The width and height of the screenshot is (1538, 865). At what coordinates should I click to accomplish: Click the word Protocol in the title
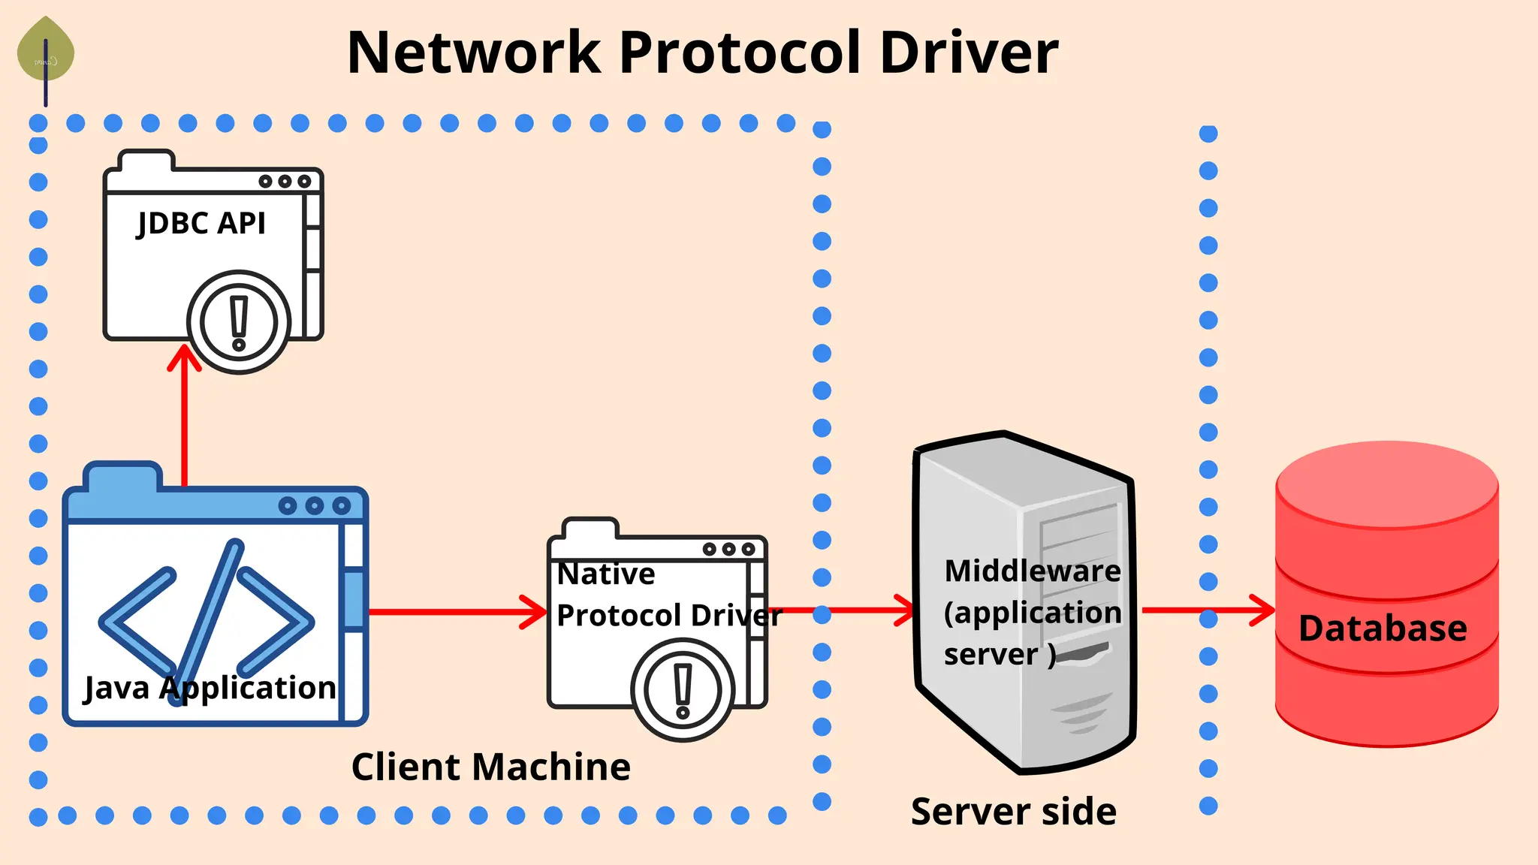[741, 53]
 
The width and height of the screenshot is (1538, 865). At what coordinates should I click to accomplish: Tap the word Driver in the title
[969, 53]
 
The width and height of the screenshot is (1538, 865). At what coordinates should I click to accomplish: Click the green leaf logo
[46, 50]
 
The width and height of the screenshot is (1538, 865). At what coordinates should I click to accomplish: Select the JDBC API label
[201, 224]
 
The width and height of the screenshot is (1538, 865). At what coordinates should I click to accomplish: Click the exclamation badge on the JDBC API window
[239, 322]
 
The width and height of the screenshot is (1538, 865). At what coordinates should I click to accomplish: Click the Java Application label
[210, 688]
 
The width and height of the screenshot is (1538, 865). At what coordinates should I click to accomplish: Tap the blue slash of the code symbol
[205, 622]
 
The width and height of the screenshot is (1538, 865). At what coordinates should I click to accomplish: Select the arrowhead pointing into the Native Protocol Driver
[534, 611]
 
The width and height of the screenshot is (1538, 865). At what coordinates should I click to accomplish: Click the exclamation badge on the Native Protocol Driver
[683, 690]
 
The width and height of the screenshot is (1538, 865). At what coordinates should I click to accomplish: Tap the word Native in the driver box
[606, 574]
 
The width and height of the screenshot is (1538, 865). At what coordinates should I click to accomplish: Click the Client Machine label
[491, 767]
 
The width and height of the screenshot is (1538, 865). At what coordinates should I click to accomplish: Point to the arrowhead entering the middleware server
[903, 610]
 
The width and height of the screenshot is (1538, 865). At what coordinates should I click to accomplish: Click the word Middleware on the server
[1033, 571]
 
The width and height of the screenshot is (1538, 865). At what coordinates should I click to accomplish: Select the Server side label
[1014, 812]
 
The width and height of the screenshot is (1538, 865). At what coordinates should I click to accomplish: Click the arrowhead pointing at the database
[1262, 610]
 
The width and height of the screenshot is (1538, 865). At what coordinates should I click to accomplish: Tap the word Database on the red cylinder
[1383, 628]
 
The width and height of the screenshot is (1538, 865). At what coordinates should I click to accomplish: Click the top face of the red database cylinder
[1387, 484]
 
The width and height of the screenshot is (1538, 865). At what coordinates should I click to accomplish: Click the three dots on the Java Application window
[315, 505]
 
